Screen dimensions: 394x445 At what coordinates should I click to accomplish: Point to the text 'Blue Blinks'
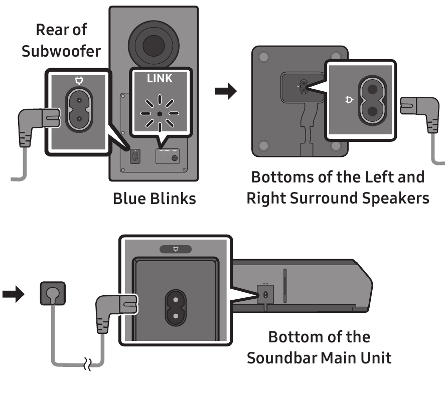[154, 199]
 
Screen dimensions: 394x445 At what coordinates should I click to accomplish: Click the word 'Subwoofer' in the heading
[61, 51]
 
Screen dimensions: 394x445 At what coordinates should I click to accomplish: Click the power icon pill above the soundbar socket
[175, 249]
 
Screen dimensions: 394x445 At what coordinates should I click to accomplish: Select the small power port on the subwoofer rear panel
[134, 157]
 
